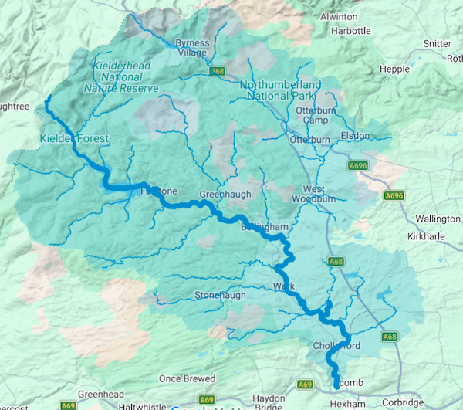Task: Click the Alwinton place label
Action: (338, 16)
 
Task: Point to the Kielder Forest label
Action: (74, 139)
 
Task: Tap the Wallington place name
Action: (438, 219)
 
